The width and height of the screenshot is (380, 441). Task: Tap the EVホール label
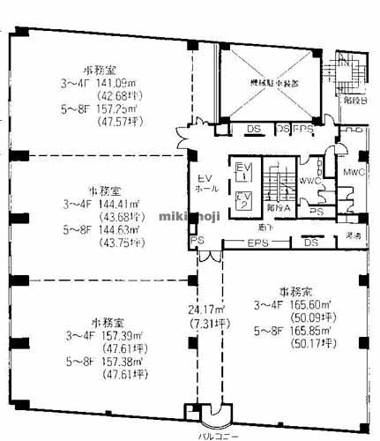click(x=206, y=183)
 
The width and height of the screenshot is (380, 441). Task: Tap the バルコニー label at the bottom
click(x=213, y=435)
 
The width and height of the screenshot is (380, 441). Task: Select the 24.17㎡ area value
click(x=205, y=309)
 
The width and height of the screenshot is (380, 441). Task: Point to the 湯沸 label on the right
click(x=354, y=236)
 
